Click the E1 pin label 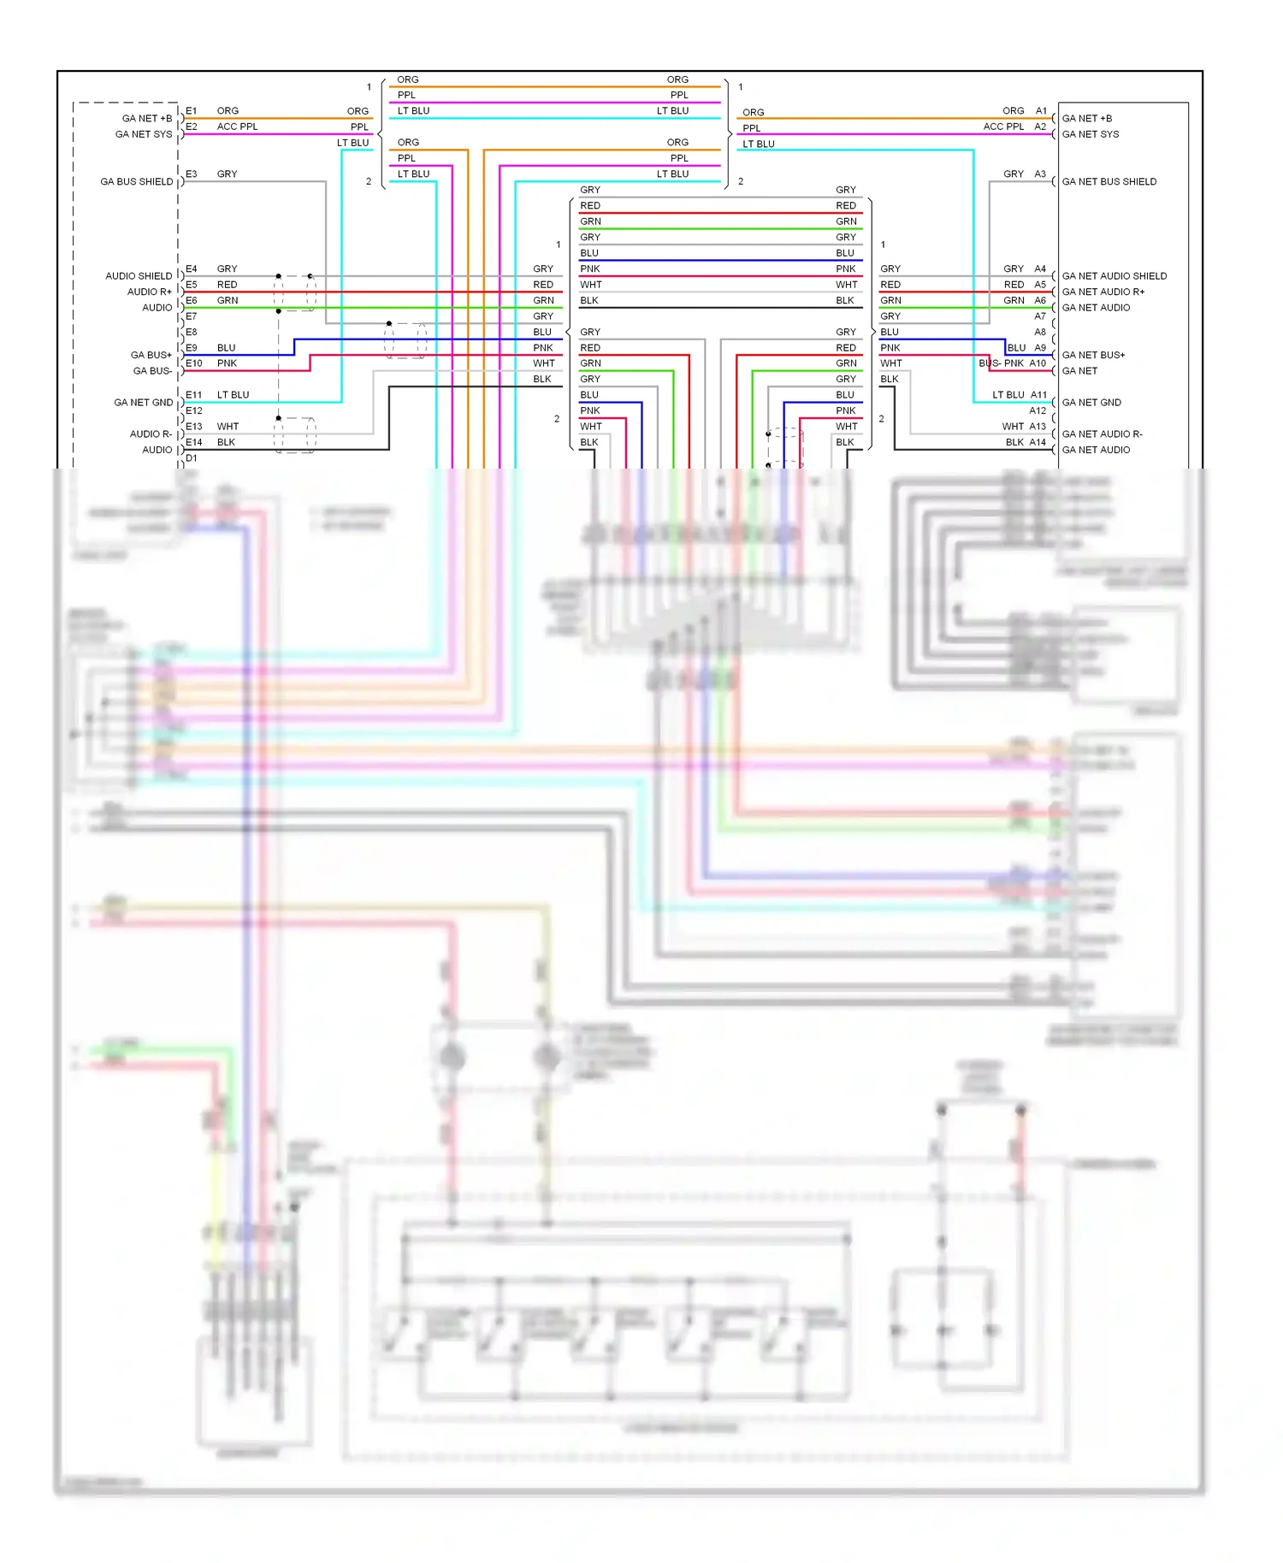(x=192, y=111)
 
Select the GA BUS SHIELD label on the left (x=136, y=182)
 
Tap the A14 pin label (x=1038, y=442)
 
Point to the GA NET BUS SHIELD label (x=1109, y=182)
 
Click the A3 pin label (x=1040, y=174)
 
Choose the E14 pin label (x=194, y=443)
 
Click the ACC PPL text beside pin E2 (x=237, y=127)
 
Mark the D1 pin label (x=192, y=458)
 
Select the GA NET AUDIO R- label (x=1102, y=434)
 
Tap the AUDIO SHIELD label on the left (x=139, y=276)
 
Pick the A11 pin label (x=1038, y=395)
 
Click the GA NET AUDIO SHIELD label (x=1114, y=276)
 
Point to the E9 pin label (x=192, y=348)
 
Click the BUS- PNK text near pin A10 (x=1001, y=363)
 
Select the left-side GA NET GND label (x=144, y=403)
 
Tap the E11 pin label (x=194, y=395)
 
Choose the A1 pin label (x=1041, y=111)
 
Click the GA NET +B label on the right (x=1086, y=119)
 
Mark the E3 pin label (x=192, y=174)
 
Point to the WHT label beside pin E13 (x=228, y=427)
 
